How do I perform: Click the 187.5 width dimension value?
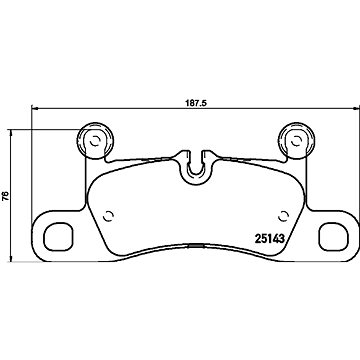tap(196, 103)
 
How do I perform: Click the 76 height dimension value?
tap(5, 196)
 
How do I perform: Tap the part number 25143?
tap(269, 238)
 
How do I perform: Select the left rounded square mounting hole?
tap(58, 236)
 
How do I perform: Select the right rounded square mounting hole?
tap(333, 236)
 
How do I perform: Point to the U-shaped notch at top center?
tap(196, 173)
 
